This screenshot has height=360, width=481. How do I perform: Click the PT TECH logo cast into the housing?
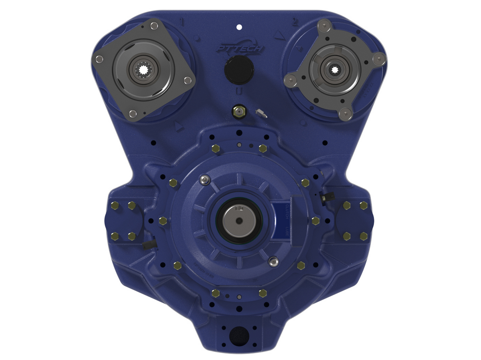(x=239, y=48)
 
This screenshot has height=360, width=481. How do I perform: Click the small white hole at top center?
(x=239, y=27)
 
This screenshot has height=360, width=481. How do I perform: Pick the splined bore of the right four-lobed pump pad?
(x=335, y=70)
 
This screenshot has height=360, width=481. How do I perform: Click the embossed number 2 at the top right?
(x=295, y=22)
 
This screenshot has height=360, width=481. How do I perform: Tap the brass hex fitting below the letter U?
(x=238, y=111)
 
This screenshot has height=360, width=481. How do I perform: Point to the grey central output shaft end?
(x=239, y=219)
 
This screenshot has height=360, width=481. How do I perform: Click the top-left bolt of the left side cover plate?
(x=114, y=205)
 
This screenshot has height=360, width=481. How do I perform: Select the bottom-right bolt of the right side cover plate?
(x=364, y=236)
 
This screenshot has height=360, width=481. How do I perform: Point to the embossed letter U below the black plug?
(x=239, y=91)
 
